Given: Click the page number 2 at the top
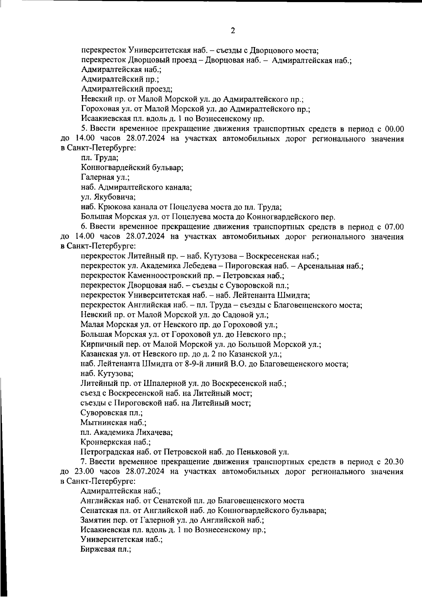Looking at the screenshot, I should tap(232, 31).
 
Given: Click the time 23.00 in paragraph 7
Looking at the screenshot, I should tap(84, 471).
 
